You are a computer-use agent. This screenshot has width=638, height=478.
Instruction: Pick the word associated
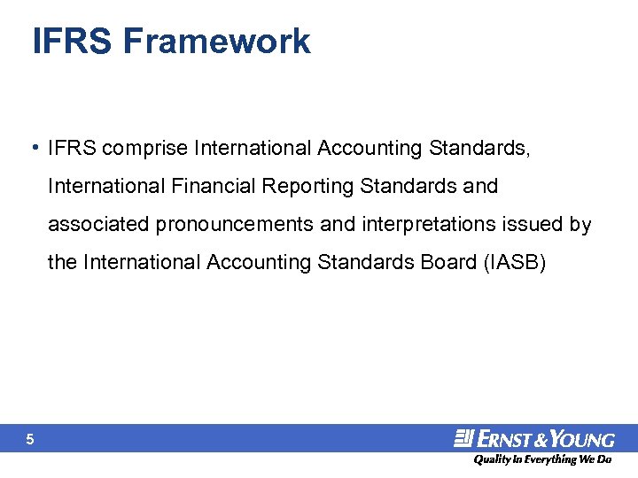point(98,224)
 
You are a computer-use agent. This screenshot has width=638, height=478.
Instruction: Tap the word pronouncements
point(234,225)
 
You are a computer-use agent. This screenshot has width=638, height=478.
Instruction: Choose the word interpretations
point(429,225)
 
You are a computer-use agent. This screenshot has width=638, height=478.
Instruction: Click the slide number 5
point(30,439)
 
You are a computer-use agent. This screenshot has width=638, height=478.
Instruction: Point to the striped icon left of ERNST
point(464,437)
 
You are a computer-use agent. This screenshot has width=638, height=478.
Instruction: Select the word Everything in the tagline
point(549,459)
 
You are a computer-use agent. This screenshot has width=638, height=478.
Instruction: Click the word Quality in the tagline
point(490,459)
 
